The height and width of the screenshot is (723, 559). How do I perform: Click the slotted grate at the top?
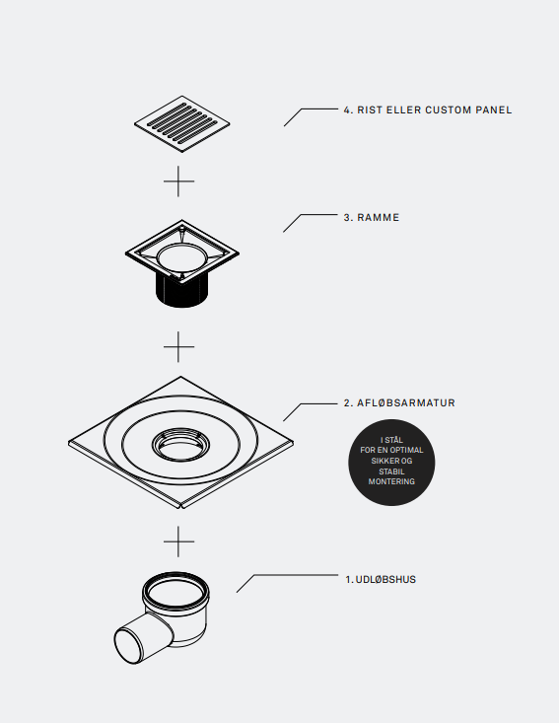(x=182, y=123)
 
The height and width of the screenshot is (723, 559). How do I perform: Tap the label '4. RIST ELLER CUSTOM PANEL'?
(x=428, y=110)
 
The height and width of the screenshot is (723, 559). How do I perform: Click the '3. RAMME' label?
(x=372, y=218)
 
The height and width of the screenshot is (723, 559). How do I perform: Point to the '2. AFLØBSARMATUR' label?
(x=399, y=403)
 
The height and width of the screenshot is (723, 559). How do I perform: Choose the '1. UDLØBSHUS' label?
(x=381, y=580)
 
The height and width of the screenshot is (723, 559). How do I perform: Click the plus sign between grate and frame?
(x=178, y=181)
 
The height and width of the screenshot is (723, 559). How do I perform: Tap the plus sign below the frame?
(x=178, y=346)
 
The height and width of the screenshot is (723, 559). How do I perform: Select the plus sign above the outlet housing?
(x=178, y=542)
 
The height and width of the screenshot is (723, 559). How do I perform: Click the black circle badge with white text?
(x=391, y=463)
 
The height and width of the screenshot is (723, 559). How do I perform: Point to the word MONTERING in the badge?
(x=391, y=481)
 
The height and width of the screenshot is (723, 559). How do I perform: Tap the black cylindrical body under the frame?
(x=182, y=291)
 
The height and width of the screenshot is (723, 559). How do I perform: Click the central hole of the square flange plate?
(x=180, y=445)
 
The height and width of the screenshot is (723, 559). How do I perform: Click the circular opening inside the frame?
(x=182, y=258)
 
